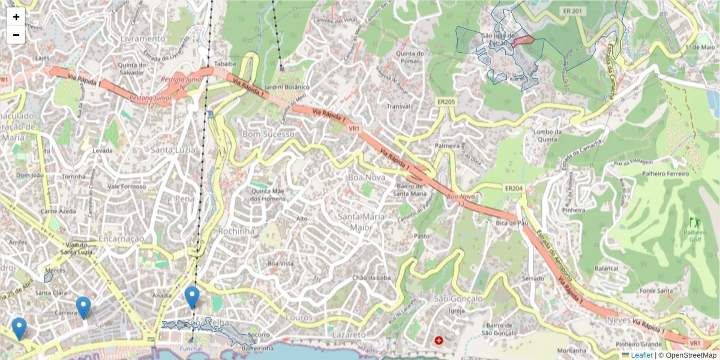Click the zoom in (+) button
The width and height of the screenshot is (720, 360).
coord(16,17)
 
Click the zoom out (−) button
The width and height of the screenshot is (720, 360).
coord(16,35)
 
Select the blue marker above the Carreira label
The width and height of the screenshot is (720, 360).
coord(83,307)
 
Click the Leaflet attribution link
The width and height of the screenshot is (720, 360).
coord(641,355)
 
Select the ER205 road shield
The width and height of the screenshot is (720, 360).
coord(446,102)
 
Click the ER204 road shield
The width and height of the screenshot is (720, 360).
coord(514,188)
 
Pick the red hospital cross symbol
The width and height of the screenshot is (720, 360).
coord(439,340)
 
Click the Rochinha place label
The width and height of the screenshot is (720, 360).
coord(236,231)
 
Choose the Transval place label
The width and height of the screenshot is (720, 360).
coord(398,106)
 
